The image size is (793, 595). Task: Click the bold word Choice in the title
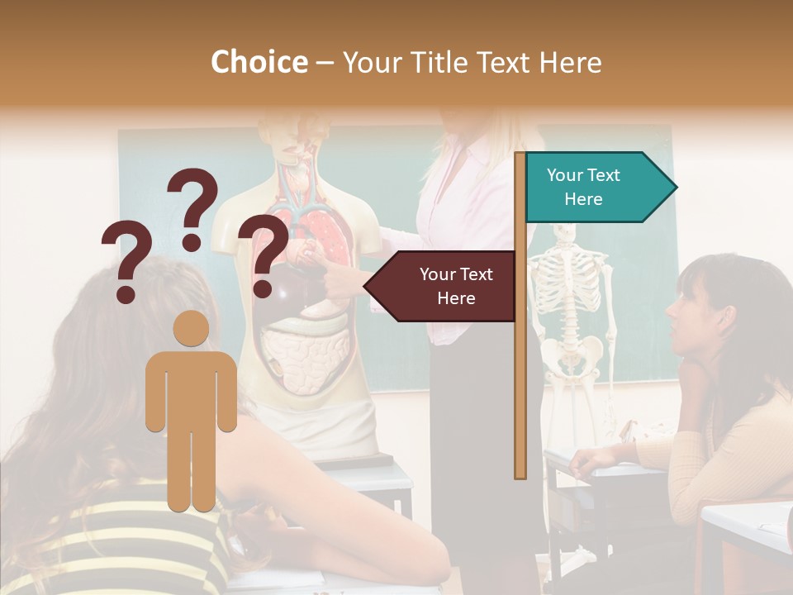coord(259,63)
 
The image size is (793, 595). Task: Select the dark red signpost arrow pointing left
coord(442,286)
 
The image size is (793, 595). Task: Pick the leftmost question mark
coord(126,260)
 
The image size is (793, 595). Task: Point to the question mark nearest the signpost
coord(264,254)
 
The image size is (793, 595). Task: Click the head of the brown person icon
coord(192,329)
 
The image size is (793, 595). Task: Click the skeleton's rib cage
coord(566,289)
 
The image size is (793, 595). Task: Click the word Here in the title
coord(570,63)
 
